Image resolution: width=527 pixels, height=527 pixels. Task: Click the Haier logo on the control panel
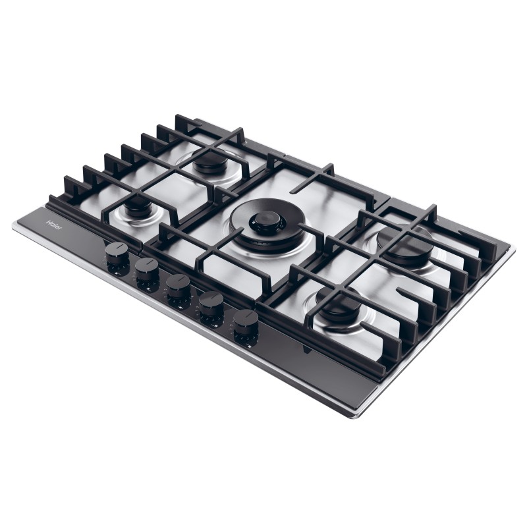click(54, 225)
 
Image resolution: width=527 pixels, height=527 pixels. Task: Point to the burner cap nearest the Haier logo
click(137, 204)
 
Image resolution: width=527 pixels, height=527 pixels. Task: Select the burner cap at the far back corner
click(211, 161)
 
